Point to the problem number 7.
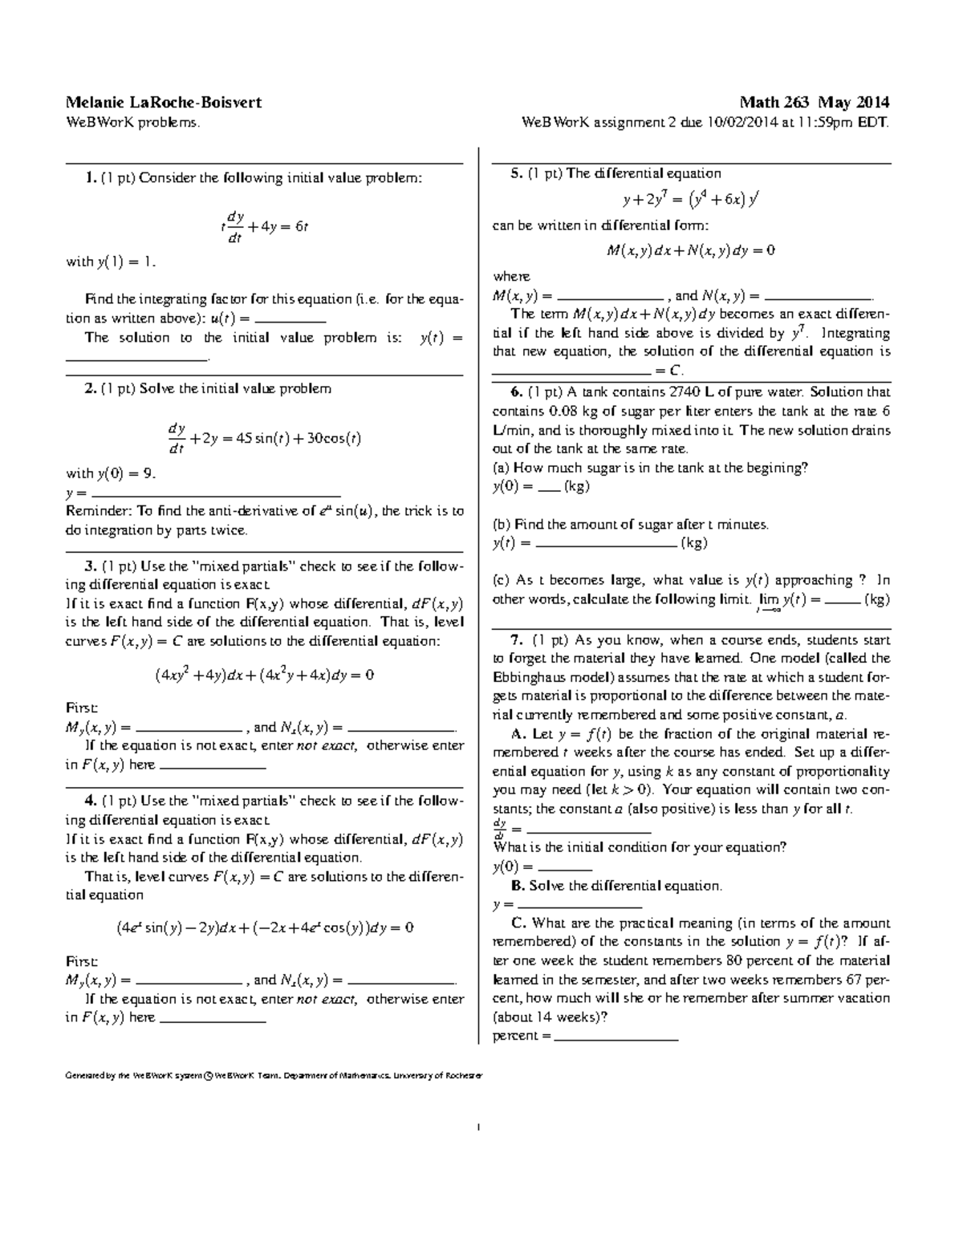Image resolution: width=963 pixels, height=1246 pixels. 516,640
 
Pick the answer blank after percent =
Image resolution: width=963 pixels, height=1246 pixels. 616,1037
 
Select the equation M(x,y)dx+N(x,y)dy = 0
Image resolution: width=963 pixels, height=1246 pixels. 690,250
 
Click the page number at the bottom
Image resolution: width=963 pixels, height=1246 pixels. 478,1129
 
